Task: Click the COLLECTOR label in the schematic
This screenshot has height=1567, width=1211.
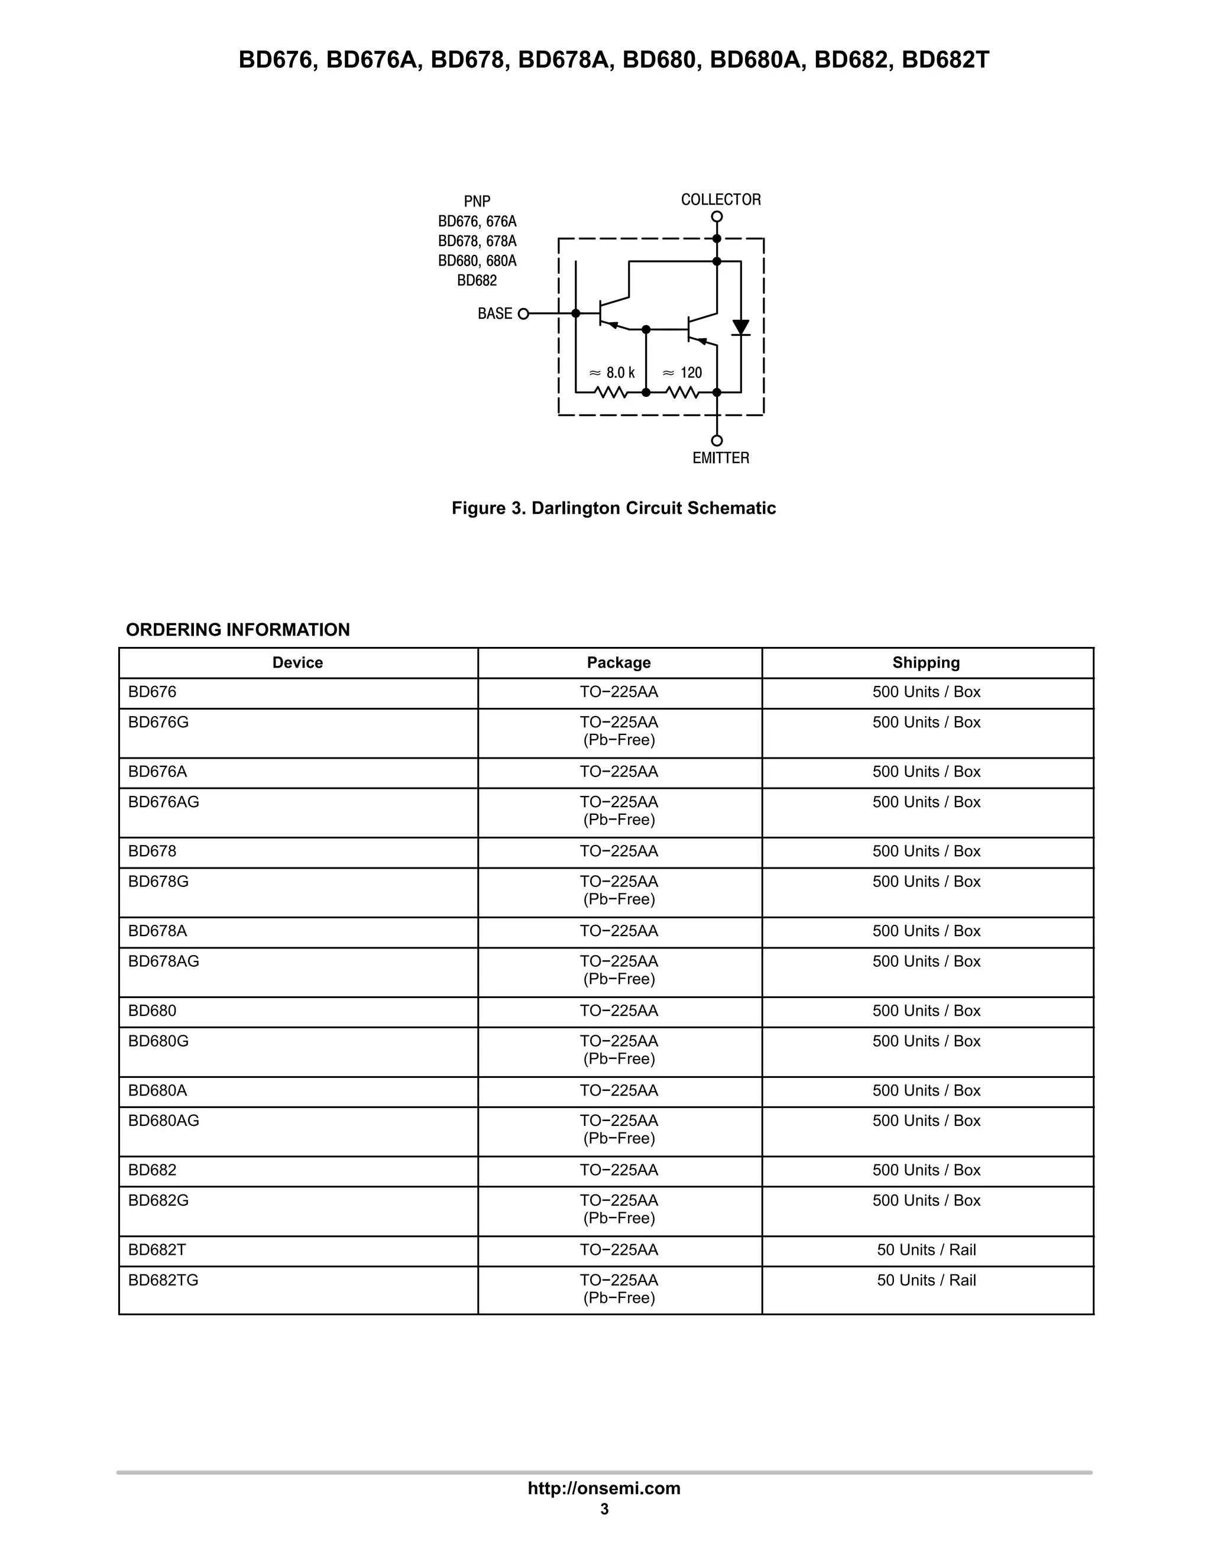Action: point(720,199)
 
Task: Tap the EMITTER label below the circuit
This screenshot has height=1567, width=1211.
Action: point(720,458)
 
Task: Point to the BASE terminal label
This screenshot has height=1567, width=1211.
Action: point(495,313)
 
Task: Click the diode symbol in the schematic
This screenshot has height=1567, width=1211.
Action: point(740,328)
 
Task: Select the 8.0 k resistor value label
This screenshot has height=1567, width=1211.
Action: point(612,373)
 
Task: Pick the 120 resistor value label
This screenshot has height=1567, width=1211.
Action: point(682,373)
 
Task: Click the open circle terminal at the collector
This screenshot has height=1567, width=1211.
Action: point(717,216)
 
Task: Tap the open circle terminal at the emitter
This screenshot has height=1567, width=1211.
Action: point(717,441)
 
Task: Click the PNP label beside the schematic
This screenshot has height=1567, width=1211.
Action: point(477,202)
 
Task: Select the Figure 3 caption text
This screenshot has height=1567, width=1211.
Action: point(613,508)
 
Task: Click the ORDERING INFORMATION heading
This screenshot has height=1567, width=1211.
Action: point(238,629)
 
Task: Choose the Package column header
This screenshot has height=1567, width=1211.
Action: point(619,662)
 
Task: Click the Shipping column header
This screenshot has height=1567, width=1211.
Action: point(925,662)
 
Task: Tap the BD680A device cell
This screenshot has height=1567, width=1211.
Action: point(157,1090)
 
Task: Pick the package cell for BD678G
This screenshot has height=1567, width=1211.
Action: point(619,890)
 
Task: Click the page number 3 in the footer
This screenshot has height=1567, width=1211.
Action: point(604,1509)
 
